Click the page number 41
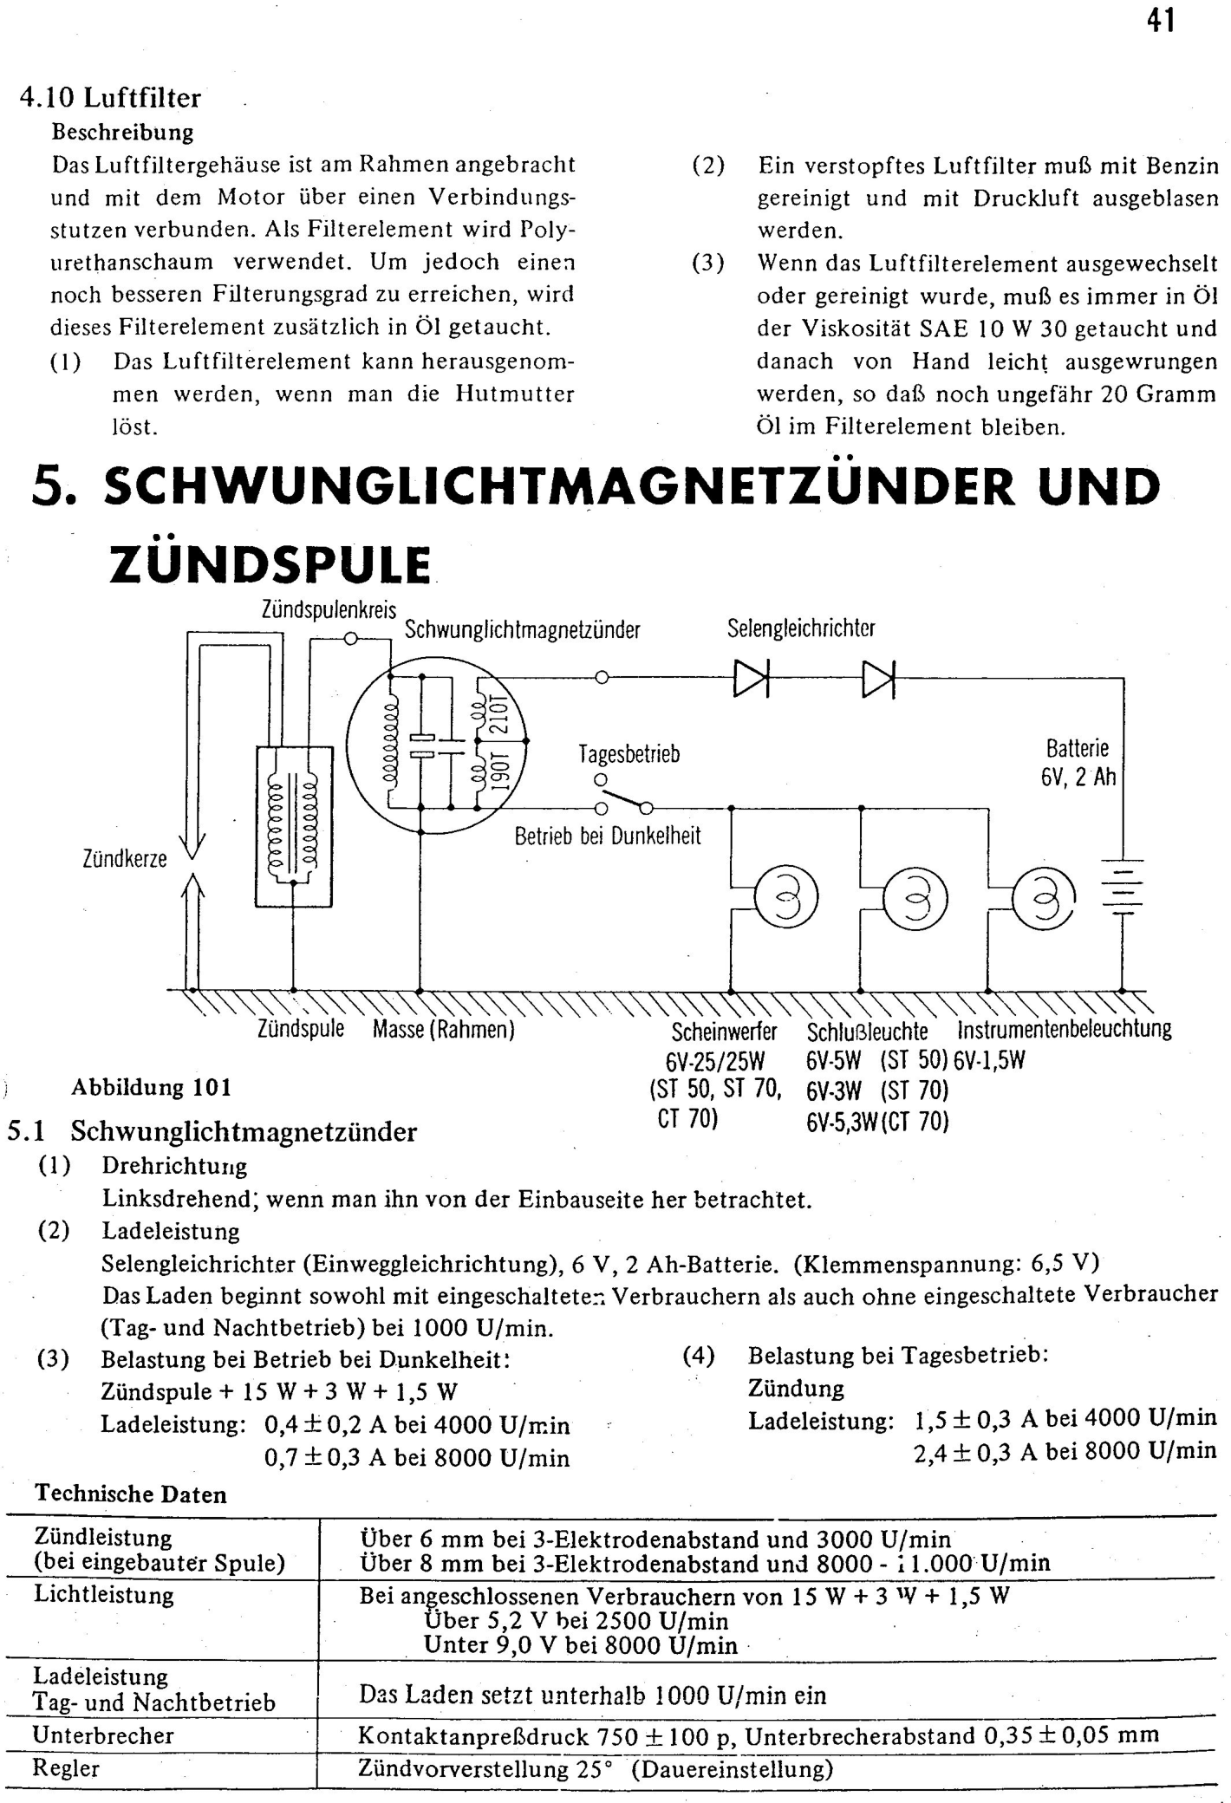click(1161, 19)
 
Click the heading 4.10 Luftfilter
click(110, 97)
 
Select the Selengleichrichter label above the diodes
click(801, 628)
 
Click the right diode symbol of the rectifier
click(877, 679)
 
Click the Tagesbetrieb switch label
click(629, 754)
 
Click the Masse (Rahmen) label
click(444, 1030)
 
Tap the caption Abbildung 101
click(152, 1087)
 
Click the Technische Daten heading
click(131, 1494)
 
